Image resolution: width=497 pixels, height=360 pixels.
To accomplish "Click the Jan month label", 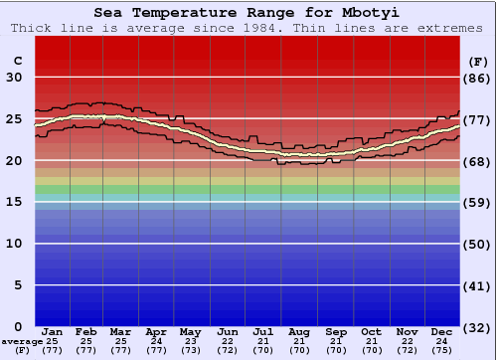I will pos(54,332).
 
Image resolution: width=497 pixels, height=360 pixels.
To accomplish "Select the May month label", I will pos(190,332).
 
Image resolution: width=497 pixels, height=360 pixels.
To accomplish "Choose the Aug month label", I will pos(299,332).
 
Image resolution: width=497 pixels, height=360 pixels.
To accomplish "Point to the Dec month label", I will pos(443,332).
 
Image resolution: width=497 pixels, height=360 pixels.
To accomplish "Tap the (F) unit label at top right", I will pos(478,61).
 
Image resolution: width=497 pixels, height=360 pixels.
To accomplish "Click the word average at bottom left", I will pos(22,341).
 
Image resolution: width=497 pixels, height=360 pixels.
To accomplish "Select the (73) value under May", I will pos(190,350).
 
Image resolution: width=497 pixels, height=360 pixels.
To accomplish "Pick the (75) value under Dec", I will pos(443,350).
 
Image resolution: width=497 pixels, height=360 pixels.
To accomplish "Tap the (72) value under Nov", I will pos(407,350).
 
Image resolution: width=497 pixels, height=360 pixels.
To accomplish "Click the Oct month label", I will pos(371,332).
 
